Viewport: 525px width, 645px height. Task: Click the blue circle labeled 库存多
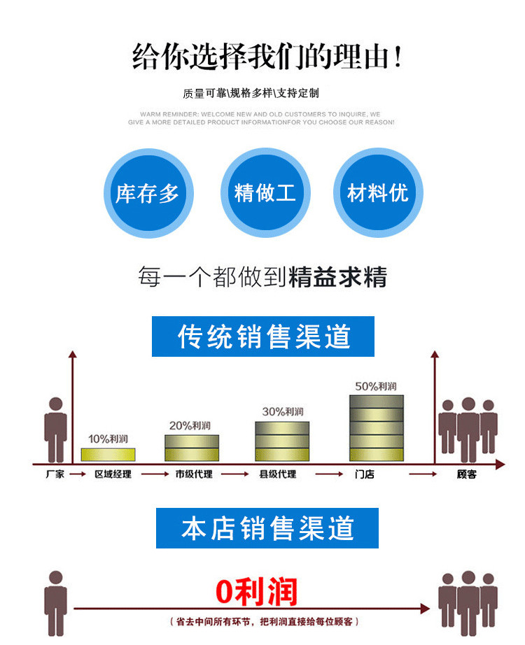coord(148,193)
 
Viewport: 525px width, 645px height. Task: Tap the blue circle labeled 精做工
coord(265,193)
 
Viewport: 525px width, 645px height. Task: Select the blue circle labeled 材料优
coord(377,193)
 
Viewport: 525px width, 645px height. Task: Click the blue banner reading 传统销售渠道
coord(263,336)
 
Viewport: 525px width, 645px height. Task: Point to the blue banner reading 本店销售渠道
coord(267,528)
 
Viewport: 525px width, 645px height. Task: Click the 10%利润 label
coord(108,439)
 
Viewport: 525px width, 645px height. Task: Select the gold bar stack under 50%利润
coord(377,427)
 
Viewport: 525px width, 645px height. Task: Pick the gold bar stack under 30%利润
coord(281,441)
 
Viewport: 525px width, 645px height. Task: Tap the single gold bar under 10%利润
coord(108,454)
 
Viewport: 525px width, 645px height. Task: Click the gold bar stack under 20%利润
coord(191,448)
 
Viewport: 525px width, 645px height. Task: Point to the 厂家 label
coord(54,474)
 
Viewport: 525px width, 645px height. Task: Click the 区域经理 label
coord(113,474)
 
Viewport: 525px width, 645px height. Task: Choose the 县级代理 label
coord(277,474)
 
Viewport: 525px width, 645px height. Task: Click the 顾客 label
coord(466,474)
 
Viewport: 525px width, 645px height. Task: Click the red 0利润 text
coord(256,592)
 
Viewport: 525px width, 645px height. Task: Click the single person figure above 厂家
coord(55,429)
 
